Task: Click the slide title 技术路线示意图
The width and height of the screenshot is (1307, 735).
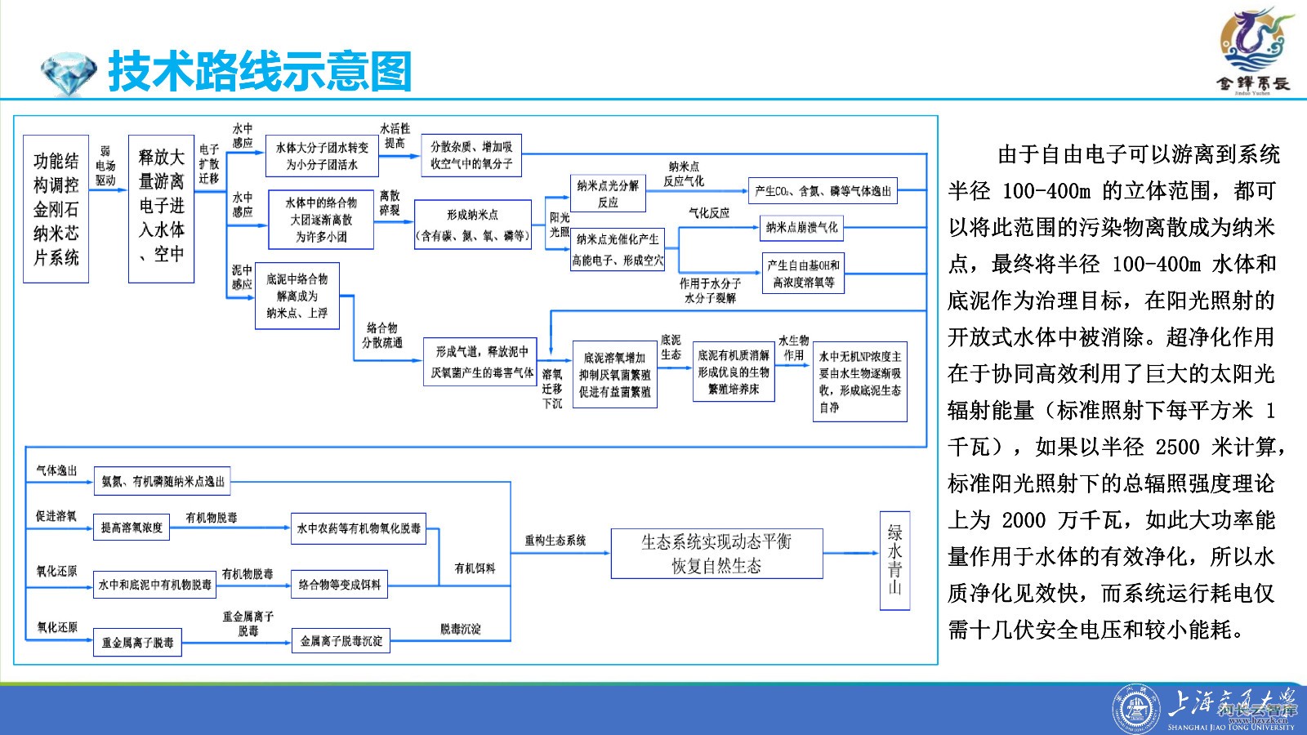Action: coord(260,72)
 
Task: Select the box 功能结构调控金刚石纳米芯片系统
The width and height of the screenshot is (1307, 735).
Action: coord(56,209)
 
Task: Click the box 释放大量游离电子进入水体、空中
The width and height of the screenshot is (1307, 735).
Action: coord(161,209)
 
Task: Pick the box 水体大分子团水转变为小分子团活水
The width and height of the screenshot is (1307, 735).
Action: coord(322,156)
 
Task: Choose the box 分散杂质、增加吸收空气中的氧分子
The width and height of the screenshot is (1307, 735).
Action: coord(472,155)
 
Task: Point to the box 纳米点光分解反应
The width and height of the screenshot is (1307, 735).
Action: coord(608,194)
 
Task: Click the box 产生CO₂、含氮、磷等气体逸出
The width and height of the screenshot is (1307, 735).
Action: coord(823,191)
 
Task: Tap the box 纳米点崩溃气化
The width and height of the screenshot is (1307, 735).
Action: coord(801,228)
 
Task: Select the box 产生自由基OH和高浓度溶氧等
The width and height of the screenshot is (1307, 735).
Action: coord(803,274)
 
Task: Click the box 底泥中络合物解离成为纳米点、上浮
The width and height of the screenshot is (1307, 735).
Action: coord(297,296)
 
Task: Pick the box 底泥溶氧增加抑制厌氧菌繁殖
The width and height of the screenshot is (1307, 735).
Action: coord(614,374)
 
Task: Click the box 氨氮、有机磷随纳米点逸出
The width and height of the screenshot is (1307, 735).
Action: coord(163,482)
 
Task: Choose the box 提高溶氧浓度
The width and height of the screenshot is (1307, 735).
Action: coord(132,528)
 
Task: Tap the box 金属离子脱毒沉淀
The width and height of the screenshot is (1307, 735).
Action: coord(341,641)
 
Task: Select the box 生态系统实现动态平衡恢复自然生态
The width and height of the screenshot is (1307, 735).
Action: coord(716,554)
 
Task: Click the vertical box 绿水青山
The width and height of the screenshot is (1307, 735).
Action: coord(894,560)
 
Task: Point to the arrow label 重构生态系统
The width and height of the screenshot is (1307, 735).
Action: coord(555,540)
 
